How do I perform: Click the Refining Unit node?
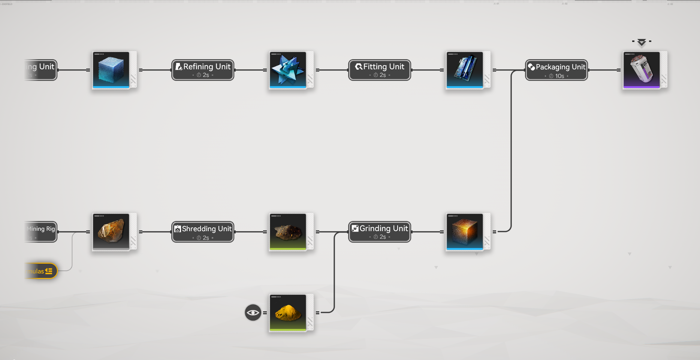203,70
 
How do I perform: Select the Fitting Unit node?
380,70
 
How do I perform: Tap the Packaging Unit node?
556,70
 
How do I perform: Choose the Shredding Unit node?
203,232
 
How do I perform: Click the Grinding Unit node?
380,232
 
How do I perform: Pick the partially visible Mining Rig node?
41,232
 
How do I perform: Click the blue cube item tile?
111,70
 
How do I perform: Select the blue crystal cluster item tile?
288,70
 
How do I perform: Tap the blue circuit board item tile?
465,70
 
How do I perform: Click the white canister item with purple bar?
642,70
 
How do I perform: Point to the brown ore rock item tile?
111,232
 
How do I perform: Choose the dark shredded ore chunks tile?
288,232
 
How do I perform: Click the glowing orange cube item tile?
465,232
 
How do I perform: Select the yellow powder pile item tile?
288,313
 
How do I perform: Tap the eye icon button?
253,312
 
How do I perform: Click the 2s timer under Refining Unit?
203,75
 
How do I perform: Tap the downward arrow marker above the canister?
642,42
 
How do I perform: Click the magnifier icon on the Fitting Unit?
359,67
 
